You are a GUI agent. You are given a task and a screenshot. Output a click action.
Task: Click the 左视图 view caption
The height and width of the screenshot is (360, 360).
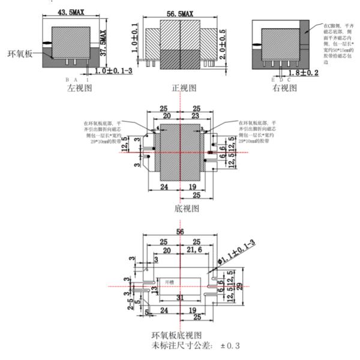(79, 88)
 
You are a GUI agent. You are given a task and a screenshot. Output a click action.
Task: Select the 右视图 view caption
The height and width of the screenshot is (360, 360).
(284, 88)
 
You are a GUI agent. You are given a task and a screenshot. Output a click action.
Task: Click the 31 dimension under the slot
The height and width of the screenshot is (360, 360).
(179, 298)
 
